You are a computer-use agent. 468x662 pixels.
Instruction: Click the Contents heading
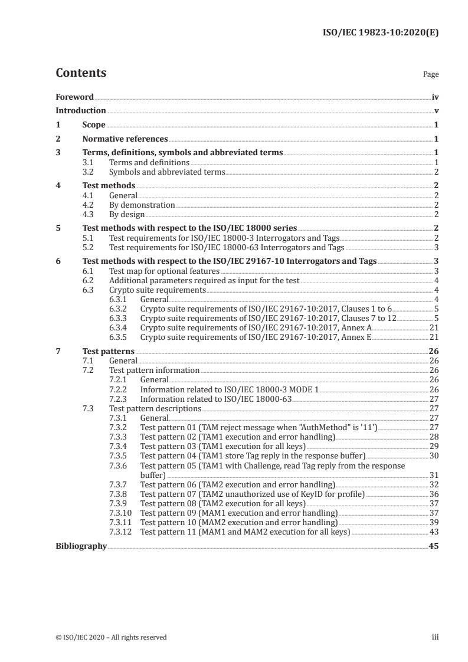tap(81, 73)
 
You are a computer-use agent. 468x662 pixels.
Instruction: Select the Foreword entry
tap(74, 97)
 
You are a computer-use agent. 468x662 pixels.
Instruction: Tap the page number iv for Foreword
tap(435, 97)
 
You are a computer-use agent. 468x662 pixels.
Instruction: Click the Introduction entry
tap(80, 110)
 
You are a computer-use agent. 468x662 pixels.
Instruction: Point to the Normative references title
tap(125, 139)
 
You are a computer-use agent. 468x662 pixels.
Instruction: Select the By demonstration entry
tap(142, 205)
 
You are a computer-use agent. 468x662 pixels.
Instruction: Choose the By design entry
tap(127, 214)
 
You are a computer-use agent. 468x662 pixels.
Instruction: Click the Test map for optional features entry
tap(165, 271)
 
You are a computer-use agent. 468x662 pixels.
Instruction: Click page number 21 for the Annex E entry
tap(434, 337)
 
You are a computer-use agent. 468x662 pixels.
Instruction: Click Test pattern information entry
tap(155, 370)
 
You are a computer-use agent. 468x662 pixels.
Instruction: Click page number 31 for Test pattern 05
tap(434, 474)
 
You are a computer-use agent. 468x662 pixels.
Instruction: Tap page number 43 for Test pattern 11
tap(434, 532)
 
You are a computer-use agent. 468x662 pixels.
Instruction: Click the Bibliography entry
tap(81, 546)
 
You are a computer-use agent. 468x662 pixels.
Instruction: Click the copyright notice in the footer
tap(111, 637)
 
